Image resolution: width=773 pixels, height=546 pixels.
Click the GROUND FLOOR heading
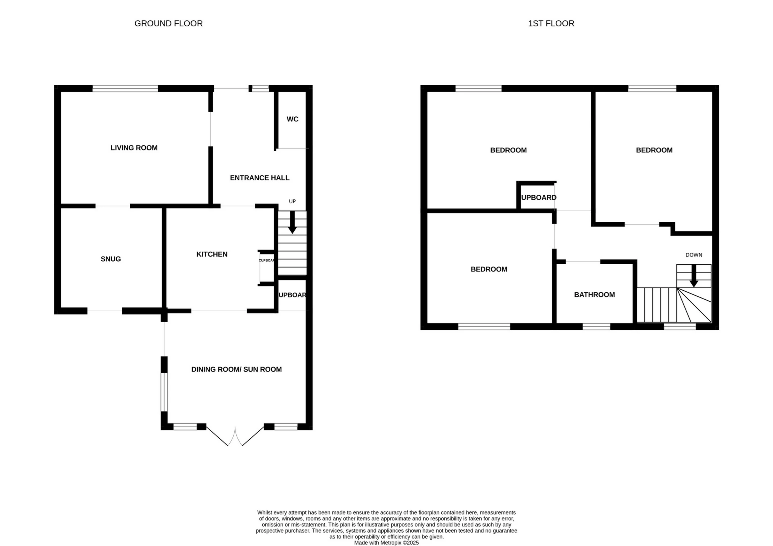click(x=168, y=24)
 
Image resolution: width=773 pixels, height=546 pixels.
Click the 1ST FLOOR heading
click(x=551, y=24)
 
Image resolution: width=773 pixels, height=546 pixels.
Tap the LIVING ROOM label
click(x=134, y=148)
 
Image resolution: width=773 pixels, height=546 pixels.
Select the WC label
click(x=292, y=119)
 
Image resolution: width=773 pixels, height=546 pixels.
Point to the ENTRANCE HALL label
click(x=260, y=178)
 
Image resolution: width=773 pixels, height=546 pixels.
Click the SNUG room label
click(x=111, y=259)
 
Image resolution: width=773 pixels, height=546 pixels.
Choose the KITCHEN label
click(x=212, y=254)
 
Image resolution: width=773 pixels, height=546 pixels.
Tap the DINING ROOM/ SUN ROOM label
click(x=236, y=370)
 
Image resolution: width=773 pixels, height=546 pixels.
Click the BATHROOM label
click(x=594, y=295)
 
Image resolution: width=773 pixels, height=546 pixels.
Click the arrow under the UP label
click(x=292, y=222)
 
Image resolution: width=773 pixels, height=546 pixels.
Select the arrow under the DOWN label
click(x=694, y=276)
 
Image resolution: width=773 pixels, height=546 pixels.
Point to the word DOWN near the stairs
click(x=694, y=255)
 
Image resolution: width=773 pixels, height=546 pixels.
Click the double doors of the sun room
click(x=235, y=436)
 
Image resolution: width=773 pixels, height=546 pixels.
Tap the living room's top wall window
click(x=125, y=89)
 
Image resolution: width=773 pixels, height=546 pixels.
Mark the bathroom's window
click(x=596, y=326)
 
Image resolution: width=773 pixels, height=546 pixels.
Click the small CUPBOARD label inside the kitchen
click(x=266, y=260)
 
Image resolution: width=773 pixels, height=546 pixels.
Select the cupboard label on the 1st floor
click(x=539, y=197)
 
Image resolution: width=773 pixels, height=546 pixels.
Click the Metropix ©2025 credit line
click(x=386, y=543)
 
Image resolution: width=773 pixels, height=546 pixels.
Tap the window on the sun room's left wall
click(x=164, y=392)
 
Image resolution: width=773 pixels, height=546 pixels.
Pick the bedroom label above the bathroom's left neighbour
click(x=489, y=269)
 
